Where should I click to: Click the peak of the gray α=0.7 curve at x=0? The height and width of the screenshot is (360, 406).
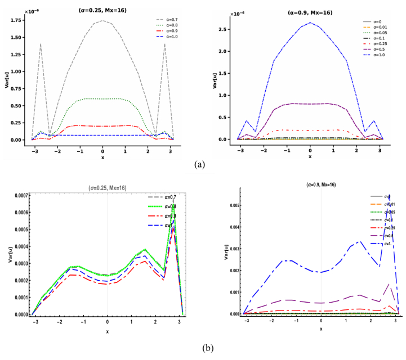click(x=102, y=20)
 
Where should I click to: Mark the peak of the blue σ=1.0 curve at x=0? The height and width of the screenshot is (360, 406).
click(x=310, y=22)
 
